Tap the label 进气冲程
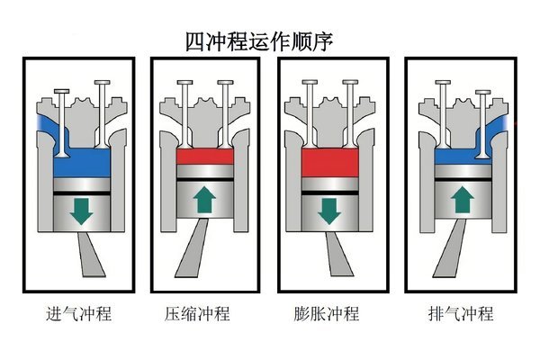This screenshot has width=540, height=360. tap(78, 315)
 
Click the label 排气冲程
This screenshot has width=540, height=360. tap(461, 315)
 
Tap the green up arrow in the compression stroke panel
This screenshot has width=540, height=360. tap(206, 200)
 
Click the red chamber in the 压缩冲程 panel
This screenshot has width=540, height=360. tap(206, 159)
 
